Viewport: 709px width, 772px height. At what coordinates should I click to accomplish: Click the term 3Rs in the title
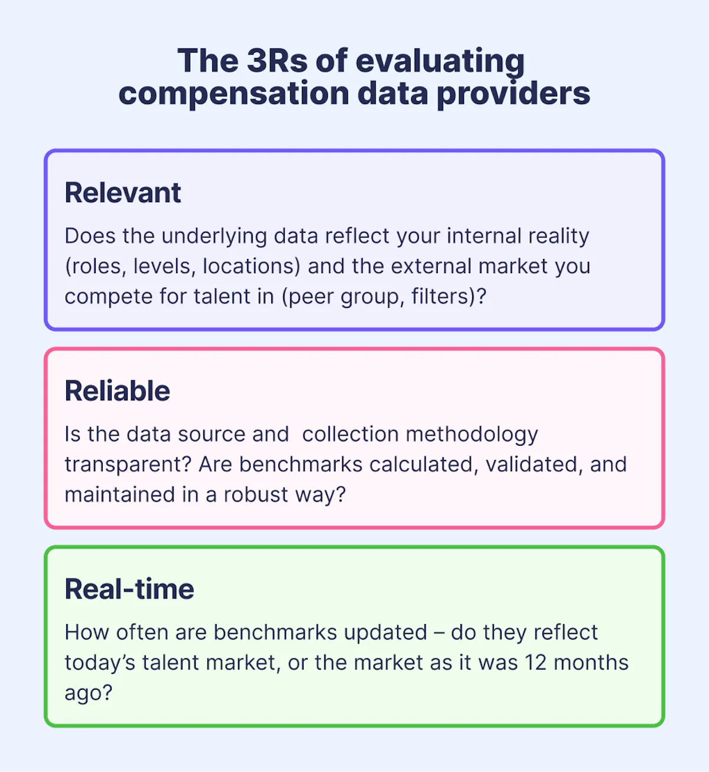[x=277, y=60]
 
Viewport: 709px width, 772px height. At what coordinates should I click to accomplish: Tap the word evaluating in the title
[x=440, y=61]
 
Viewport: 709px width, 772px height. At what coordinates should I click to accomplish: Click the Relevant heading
[x=123, y=193]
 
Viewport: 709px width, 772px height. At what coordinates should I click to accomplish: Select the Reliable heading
[x=118, y=391]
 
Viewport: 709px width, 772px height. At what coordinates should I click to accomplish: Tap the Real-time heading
[x=129, y=589]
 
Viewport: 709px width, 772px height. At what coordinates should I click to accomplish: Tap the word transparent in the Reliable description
[x=128, y=465]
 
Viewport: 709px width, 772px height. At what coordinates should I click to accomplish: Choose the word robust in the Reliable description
[x=255, y=495]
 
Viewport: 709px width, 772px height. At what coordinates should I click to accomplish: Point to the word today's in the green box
[x=100, y=663]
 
